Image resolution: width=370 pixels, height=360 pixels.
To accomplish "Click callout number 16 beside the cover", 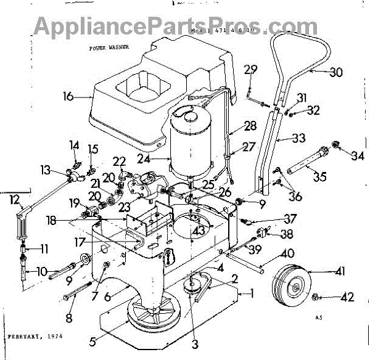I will point(67,96).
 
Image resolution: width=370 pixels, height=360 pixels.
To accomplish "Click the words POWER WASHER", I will point(106,46).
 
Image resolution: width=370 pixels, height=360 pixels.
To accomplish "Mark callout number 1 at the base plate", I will point(250,293).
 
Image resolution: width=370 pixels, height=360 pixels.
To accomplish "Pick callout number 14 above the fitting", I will point(74,145).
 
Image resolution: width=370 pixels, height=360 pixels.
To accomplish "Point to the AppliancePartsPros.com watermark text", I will point(185,25).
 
